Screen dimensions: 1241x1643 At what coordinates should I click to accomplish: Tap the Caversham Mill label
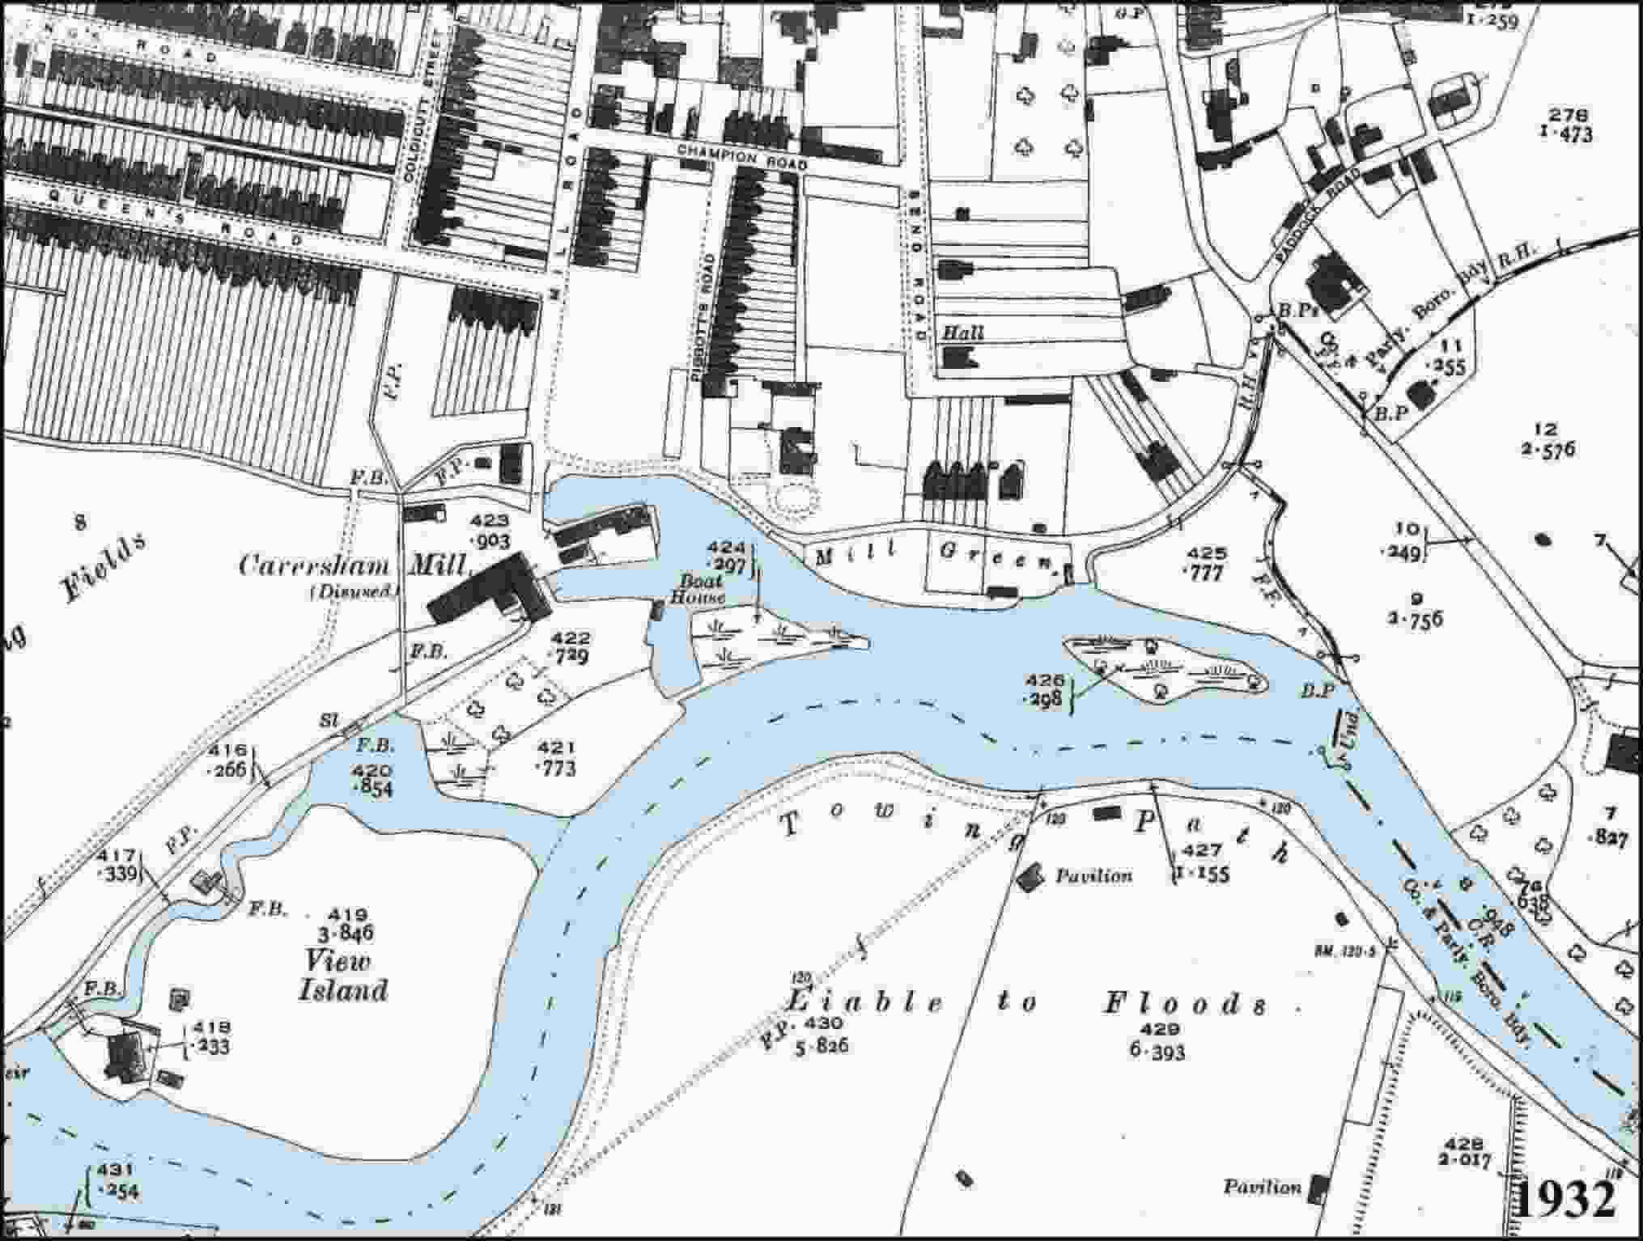pos(354,565)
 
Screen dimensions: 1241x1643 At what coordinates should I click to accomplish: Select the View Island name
pos(342,976)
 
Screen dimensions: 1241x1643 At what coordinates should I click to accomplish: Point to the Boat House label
pos(701,589)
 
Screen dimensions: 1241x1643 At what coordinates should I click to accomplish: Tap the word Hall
pos(963,332)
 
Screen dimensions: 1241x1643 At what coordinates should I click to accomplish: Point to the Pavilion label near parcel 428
pos(1262,1188)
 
